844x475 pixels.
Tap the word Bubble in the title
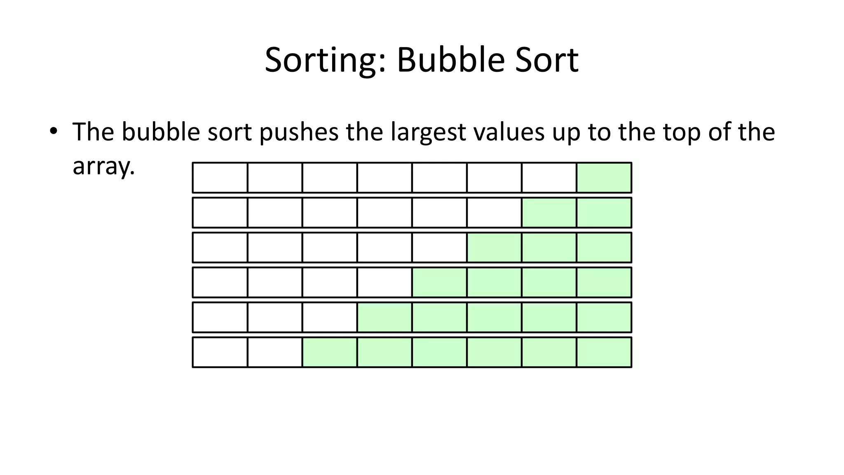[x=450, y=60]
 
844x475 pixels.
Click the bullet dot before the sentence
[x=53, y=131]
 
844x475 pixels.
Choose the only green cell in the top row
[x=604, y=178]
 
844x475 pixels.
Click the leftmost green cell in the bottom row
[x=330, y=352]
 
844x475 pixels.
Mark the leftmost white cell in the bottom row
[x=220, y=352]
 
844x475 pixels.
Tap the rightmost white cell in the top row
[x=549, y=178]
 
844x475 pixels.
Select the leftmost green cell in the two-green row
[x=549, y=213]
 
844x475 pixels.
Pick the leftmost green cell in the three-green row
[x=494, y=247]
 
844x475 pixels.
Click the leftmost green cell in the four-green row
[x=439, y=282]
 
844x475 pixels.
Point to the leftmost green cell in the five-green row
[x=384, y=317]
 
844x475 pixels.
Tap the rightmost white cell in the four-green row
[x=384, y=282]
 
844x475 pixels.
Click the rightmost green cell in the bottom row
[x=604, y=352]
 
